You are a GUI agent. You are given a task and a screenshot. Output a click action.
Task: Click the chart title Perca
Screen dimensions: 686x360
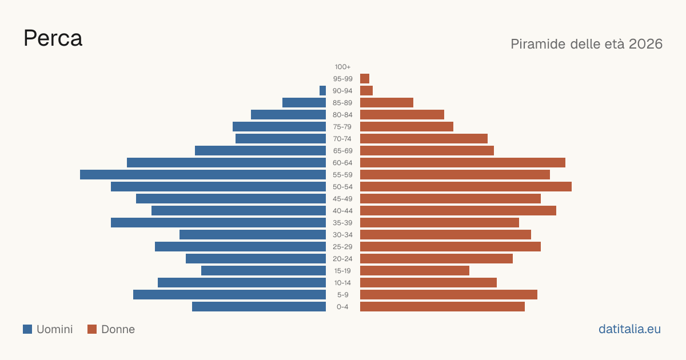click(53, 38)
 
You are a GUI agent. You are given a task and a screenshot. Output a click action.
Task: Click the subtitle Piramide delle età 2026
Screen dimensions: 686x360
click(587, 44)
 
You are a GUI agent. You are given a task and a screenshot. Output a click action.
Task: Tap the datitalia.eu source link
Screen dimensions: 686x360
click(629, 329)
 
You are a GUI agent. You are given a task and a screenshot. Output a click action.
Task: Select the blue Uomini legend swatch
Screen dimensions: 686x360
click(27, 329)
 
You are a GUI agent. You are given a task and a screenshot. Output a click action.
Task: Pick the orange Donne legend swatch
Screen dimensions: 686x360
click(92, 329)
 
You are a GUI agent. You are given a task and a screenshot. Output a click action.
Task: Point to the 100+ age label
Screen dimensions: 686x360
click(342, 67)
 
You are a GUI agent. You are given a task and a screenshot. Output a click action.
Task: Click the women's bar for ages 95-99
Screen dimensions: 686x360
click(365, 79)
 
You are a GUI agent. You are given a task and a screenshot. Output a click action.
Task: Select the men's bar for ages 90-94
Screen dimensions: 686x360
click(322, 91)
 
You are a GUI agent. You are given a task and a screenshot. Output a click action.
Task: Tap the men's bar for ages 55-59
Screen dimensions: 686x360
click(203, 174)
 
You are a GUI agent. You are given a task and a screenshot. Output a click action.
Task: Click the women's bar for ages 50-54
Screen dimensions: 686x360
click(466, 187)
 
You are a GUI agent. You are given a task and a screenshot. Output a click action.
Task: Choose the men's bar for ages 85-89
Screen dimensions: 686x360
click(304, 102)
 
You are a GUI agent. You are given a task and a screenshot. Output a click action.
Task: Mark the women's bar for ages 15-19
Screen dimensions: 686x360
click(414, 271)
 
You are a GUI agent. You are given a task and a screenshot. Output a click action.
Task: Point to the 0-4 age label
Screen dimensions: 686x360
click(342, 307)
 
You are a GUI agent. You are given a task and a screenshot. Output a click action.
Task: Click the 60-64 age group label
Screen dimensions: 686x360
click(342, 163)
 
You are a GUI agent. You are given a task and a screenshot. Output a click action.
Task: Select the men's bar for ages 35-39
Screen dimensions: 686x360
click(218, 222)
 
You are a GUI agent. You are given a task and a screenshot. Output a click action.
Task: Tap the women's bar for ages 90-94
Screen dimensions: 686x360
click(366, 91)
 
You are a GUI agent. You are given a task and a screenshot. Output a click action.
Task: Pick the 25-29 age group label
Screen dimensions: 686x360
click(342, 247)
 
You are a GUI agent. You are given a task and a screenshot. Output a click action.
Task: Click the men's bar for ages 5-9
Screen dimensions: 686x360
click(229, 294)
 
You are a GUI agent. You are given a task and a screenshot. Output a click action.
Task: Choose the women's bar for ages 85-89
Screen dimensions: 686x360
click(386, 102)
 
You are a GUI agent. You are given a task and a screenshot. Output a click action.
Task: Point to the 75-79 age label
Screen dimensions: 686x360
click(342, 127)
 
